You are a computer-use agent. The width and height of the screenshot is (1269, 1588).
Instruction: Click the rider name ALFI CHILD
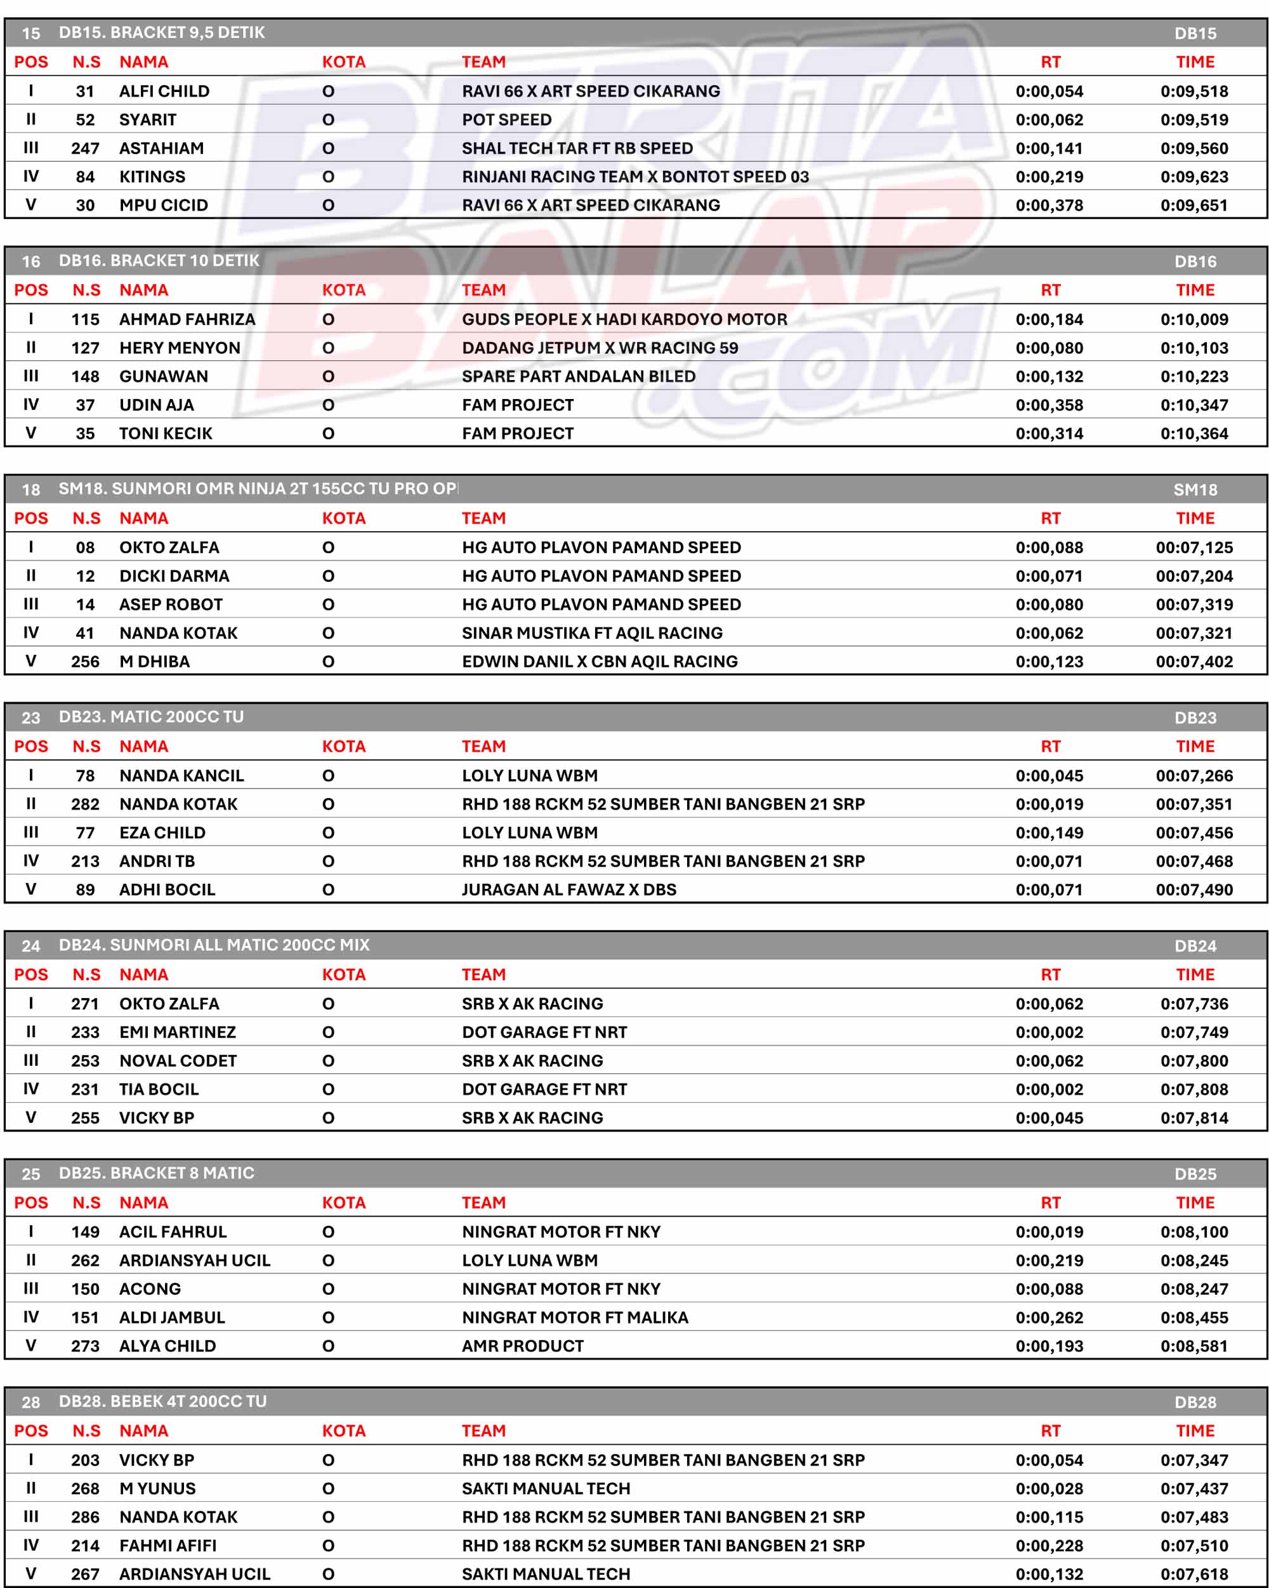tap(164, 91)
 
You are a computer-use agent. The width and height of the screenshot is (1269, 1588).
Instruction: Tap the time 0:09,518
tap(1194, 91)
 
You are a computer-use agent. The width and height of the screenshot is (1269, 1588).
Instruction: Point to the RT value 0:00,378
tap(1049, 206)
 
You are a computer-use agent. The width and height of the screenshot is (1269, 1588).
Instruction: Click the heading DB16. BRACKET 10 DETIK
tap(159, 261)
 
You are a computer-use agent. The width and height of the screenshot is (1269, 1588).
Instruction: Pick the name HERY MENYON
tap(180, 348)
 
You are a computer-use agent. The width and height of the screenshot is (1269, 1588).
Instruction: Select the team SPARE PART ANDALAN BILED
tap(578, 376)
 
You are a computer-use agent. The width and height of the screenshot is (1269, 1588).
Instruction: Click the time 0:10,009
tap(1194, 320)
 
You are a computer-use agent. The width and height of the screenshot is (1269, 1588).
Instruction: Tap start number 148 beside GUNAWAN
tap(86, 376)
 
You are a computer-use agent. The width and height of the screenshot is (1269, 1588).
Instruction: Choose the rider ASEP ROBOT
tap(171, 605)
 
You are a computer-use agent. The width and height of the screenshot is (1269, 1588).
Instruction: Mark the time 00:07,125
tap(1194, 548)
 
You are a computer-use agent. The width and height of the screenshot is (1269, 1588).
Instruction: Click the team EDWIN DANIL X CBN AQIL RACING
tap(600, 662)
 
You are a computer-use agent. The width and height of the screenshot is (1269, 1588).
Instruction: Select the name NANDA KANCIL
tap(181, 775)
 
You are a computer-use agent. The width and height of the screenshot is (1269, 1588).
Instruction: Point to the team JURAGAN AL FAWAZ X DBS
tap(569, 889)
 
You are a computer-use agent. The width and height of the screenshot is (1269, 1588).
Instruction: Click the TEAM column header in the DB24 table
tap(483, 974)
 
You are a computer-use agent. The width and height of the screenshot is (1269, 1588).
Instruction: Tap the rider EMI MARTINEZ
tap(178, 1032)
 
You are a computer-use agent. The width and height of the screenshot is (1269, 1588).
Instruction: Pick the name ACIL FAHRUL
tap(173, 1231)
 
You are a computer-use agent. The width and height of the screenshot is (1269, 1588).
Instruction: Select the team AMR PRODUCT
tap(522, 1346)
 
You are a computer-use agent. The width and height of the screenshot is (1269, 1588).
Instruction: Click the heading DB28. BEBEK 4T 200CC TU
tap(163, 1401)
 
